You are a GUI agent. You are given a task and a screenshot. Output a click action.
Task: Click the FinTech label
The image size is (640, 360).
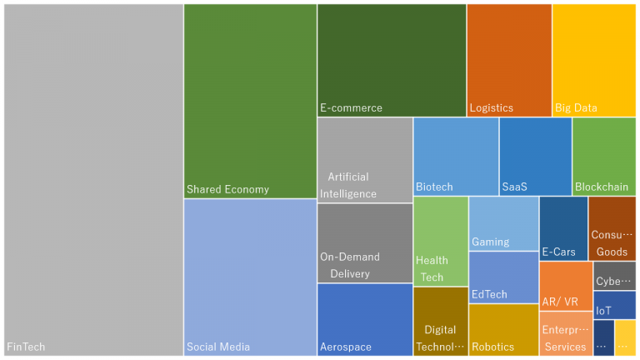(26, 347)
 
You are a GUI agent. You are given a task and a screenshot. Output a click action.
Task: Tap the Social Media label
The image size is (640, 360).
(218, 347)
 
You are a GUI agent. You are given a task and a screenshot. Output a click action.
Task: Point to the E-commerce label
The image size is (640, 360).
(351, 107)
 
